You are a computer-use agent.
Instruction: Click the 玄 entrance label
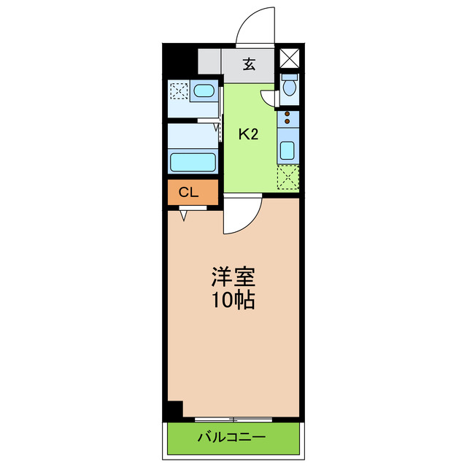[x=249, y=64]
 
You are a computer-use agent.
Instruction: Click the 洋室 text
[x=233, y=277]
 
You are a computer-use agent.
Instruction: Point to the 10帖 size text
[x=233, y=300]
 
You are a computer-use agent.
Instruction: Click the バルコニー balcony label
[x=231, y=438]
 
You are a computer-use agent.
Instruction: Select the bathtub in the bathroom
[x=193, y=161]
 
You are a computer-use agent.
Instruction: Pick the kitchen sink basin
[x=287, y=151]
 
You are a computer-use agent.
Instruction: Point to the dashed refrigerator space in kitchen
[x=288, y=177]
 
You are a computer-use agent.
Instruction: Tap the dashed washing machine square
[x=178, y=91]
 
